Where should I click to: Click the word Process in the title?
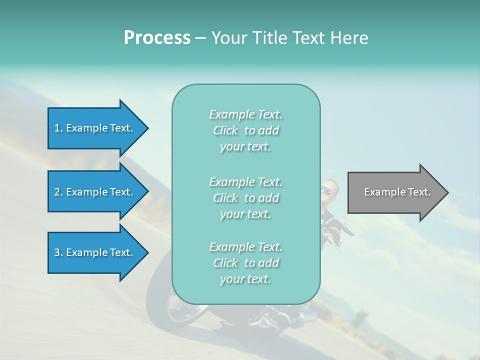pyautogui.click(x=157, y=38)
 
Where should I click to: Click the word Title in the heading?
pyautogui.click(x=269, y=38)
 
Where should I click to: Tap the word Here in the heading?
pyautogui.click(x=349, y=38)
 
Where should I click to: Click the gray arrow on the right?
pyautogui.click(x=395, y=192)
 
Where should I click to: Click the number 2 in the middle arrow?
pyautogui.click(x=57, y=192)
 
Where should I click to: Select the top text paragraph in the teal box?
pyautogui.click(x=245, y=130)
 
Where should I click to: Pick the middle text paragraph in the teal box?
pyautogui.click(x=245, y=198)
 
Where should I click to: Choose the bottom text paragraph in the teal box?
pyautogui.click(x=245, y=263)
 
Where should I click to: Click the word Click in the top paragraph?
pyautogui.click(x=225, y=130)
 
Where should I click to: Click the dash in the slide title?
pyautogui.click(x=201, y=38)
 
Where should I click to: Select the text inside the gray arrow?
pyautogui.click(x=397, y=192)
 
